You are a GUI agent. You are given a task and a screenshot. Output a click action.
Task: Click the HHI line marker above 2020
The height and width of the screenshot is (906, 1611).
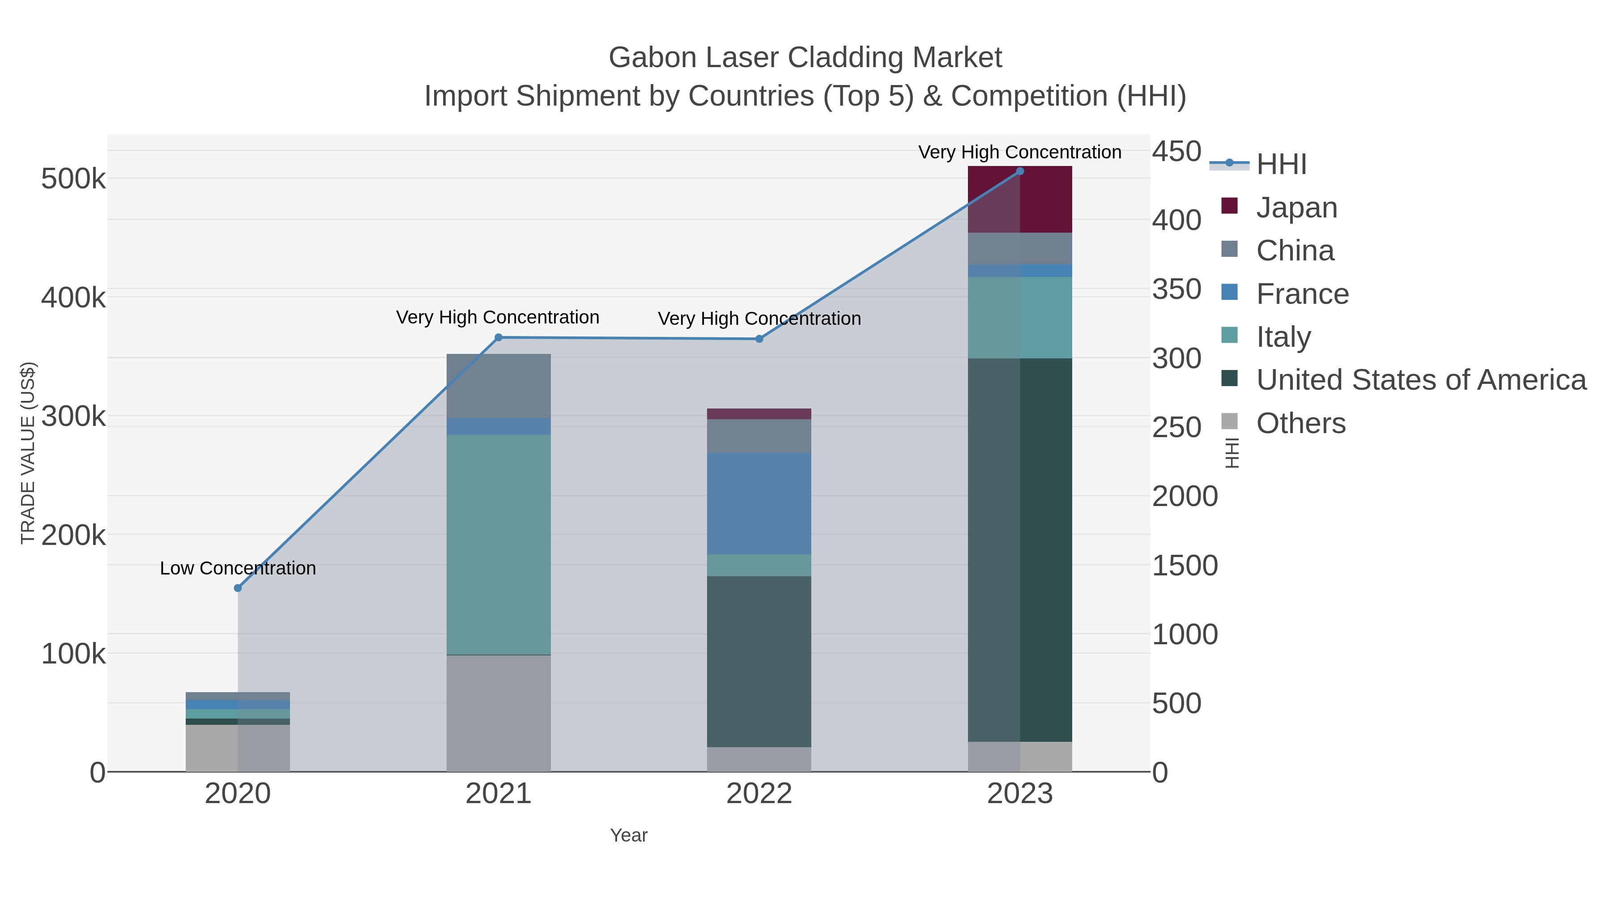pyautogui.click(x=238, y=588)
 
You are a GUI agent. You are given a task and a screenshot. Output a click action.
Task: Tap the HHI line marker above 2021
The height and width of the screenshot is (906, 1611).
pyautogui.click(x=499, y=338)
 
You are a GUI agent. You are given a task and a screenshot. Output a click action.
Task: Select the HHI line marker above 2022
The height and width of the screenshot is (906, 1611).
pyautogui.click(x=759, y=339)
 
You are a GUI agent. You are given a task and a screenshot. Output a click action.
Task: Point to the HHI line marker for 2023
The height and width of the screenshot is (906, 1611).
pyautogui.click(x=1020, y=171)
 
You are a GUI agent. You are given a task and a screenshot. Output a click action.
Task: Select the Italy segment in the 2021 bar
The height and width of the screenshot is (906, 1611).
pyautogui.click(x=499, y=544)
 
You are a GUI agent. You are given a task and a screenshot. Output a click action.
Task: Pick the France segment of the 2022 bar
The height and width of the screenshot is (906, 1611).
pyautogui.click(x=759, y=503)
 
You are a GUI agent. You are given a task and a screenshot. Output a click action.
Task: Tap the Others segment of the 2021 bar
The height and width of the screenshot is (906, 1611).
pyautogui.click(x=499, y=713)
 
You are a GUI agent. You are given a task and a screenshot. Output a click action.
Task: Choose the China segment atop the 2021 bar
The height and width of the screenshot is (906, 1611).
pyautogui.click(x=499, y=385)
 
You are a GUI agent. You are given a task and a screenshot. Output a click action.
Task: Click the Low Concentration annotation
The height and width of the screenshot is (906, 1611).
pyautogui.click(x=238, y=568)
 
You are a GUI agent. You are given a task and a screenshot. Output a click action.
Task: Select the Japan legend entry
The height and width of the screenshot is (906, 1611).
pyautogui.click(x=1296, y=207)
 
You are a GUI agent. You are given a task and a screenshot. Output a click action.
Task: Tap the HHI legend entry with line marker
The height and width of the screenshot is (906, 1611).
pyautogui.click(x=1281, y=164)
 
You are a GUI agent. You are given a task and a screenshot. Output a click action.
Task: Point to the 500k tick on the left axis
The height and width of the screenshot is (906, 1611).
pyautogui.click(x=73, y=179)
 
